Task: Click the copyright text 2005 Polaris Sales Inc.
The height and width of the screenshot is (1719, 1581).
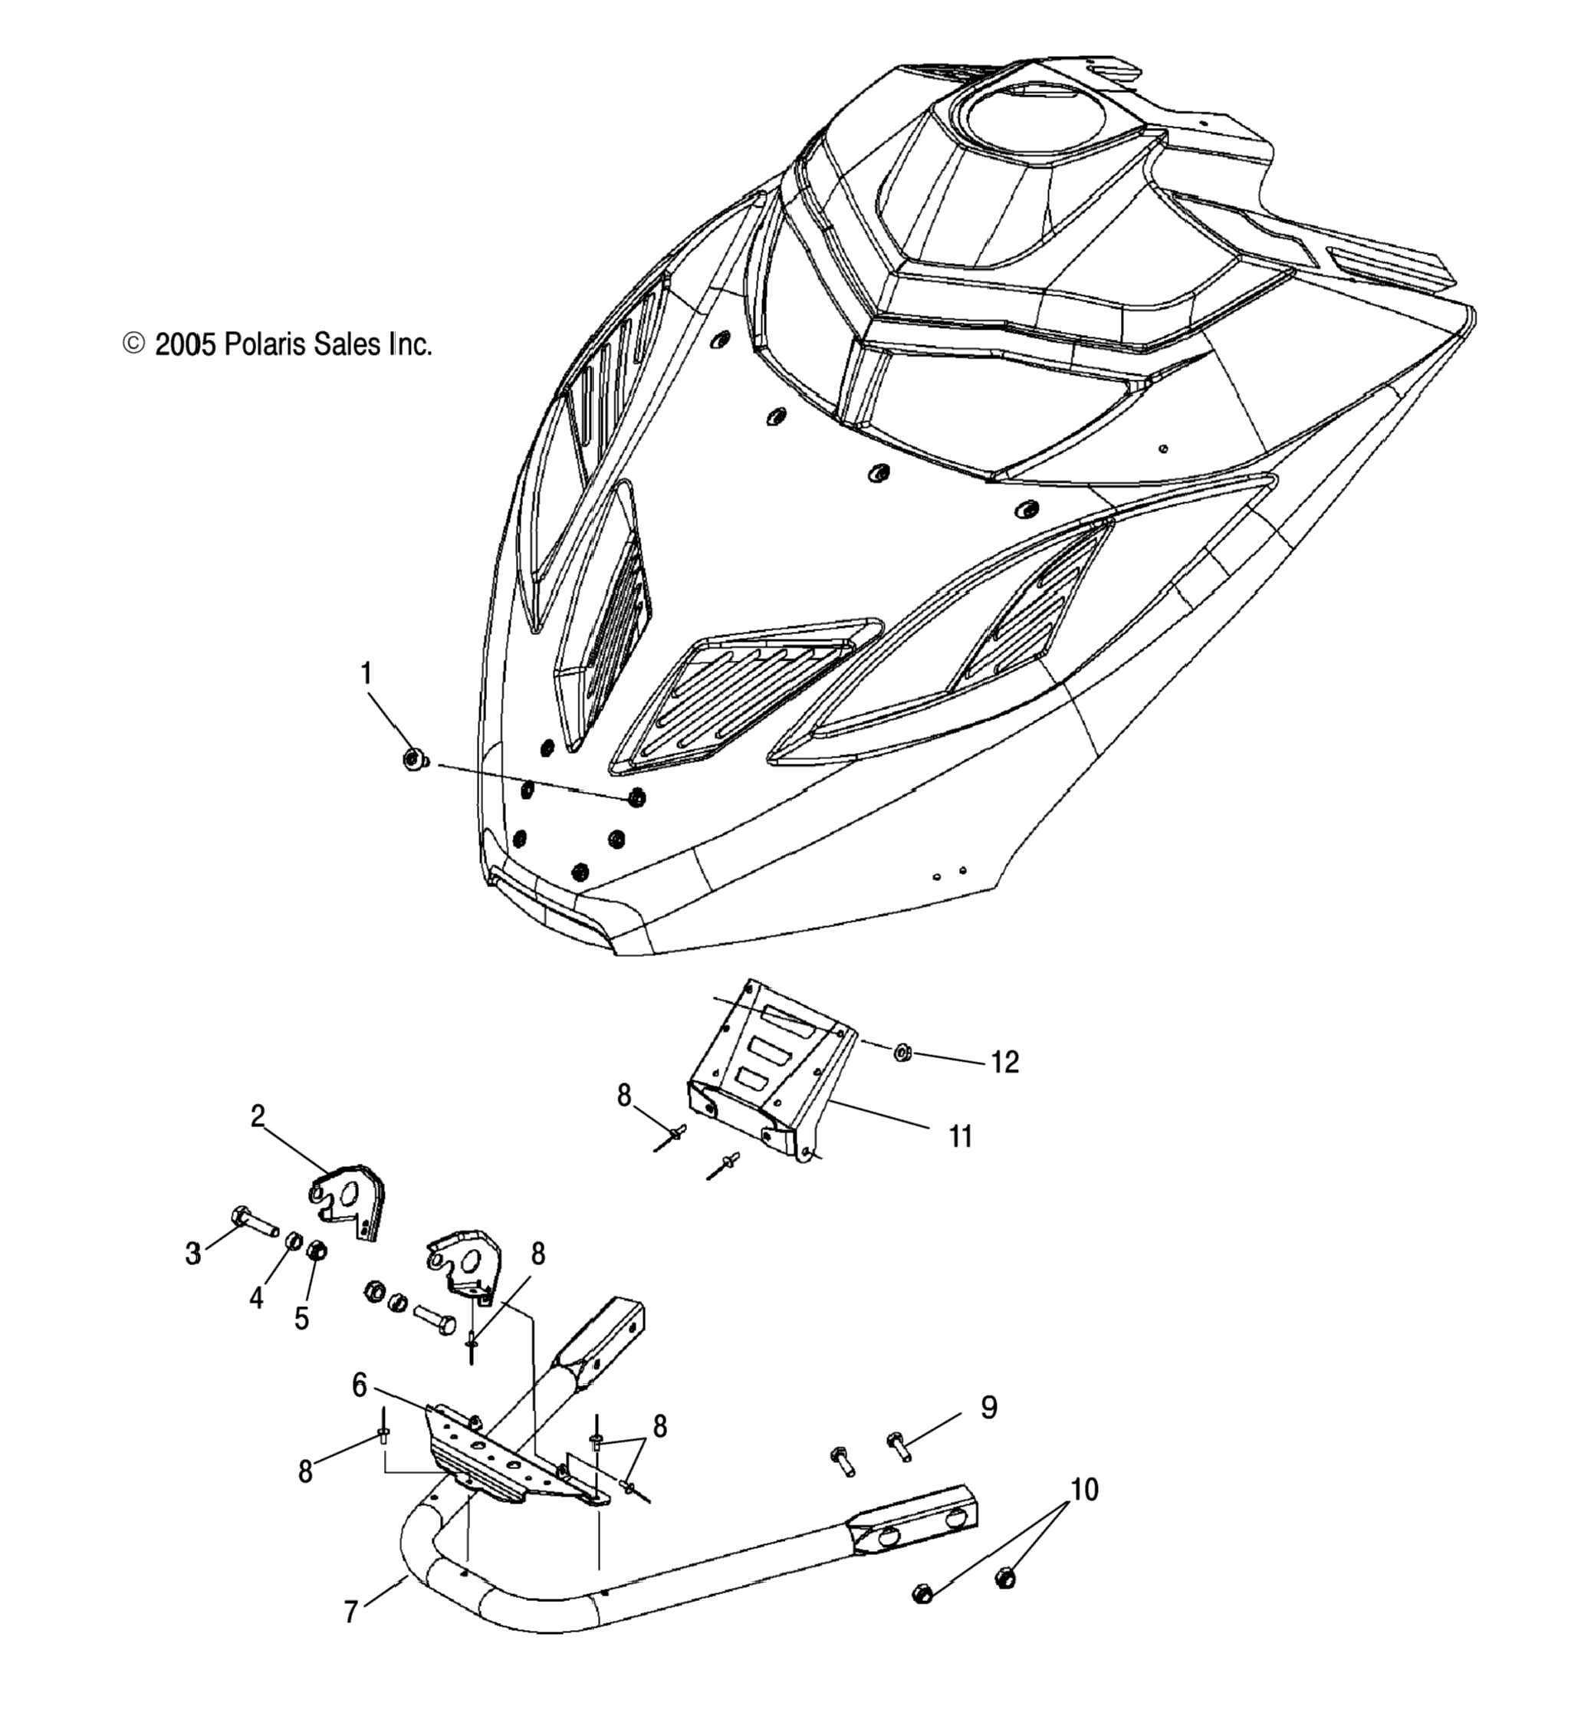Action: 278,345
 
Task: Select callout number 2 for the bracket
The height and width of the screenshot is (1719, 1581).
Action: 258,1116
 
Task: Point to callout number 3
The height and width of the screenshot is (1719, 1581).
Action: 193,1254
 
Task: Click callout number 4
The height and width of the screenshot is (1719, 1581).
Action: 257,1298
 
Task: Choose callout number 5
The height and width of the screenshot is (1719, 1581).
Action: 301,1318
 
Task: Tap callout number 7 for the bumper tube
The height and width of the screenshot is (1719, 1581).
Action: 350,1612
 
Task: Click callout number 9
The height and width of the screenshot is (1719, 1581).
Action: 988,1407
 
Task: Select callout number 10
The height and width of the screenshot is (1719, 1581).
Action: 1084,1490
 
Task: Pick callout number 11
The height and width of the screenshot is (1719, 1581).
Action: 960,1137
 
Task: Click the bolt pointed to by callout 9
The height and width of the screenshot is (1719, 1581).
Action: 899,1447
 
